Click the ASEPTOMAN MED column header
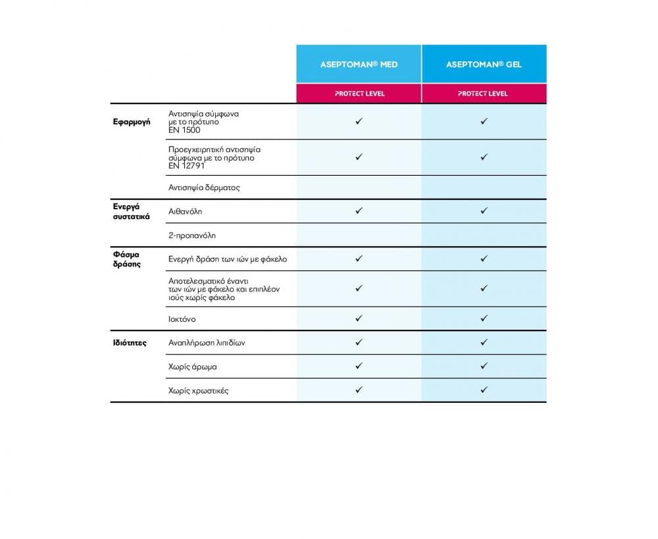click(x=359, y=64)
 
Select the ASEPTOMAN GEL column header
click(x=484, y=64)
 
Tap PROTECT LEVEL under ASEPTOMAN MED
click(x=359, y=93)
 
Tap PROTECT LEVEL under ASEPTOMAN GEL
click(x=484, y=93)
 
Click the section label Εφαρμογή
click(x=132, y=122)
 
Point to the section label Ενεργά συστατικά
click(x=132, y=211)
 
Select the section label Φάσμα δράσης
click(x=127, y=259)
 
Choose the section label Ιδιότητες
click(x=130, y=343)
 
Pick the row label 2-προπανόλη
click(x=192, y=235)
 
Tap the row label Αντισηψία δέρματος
click(x=204, y=188)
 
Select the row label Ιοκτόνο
click(x=182, y=319)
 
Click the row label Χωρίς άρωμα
click(x=193, y=367)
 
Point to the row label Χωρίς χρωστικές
click(x=199, y=391)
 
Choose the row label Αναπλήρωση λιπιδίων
click(x=207, y=343)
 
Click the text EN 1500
click(x=184, y=130)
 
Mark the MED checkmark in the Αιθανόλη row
click(x=359, y=211)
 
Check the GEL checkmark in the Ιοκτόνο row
click(x=484, y=319)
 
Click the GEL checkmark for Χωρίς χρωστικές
click(x=484, y=390)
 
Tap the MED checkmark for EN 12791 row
click(x=359, y=157)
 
